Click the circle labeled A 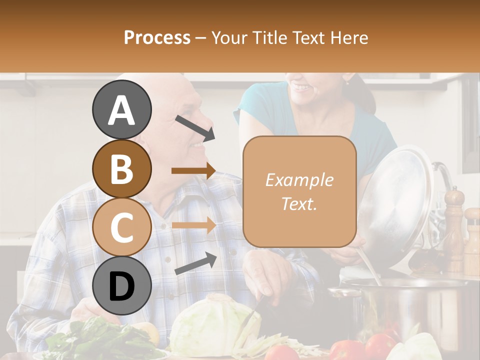click(122, 109)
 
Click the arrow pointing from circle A click(194, 127)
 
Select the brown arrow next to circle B click(193, 171)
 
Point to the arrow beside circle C click(193, 225)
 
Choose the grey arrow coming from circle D click(195, 263)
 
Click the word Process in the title click(157, 37)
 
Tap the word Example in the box click(299, 180)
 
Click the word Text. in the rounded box click(299, 204)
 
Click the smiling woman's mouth click(301, 88)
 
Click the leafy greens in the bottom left click(100, 340)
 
